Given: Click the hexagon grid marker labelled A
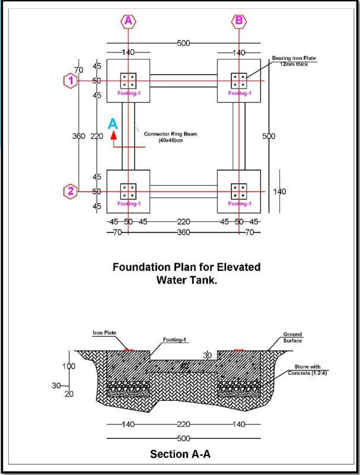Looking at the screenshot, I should tap(128, 21).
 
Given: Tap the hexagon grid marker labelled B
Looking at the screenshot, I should tap(239, 21).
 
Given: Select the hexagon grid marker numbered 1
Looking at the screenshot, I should tap(71, 80).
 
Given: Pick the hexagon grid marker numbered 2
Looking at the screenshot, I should tap(71, 191).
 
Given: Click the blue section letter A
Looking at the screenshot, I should tap(113, 123).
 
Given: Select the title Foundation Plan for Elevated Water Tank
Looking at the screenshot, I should tap(186, 273).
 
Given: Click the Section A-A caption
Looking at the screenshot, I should tap(180, 454).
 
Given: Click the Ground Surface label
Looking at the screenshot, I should tap(292, 337).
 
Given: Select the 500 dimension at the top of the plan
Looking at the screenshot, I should tap(184, 43).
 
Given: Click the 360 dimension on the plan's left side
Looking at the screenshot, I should tap(79, 136).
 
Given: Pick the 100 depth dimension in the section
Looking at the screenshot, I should tap(69, 366).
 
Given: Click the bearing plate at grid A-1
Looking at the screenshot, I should tap(128, 80).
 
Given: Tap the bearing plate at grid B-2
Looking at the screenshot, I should tap(239, 191).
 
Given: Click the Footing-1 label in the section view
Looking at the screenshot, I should tap(175, 340).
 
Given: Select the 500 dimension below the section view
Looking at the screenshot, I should tap(184, 438).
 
